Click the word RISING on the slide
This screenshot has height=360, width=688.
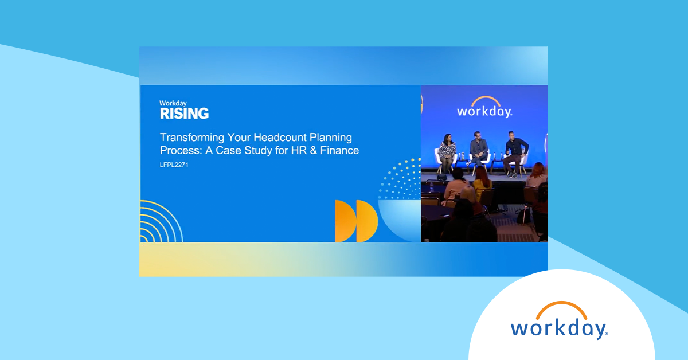pos(184,114)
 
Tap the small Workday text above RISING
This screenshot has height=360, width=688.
pos(174,103)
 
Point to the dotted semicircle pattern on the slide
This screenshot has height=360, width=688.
pos(401,178)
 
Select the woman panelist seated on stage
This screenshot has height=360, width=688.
pos(447,151)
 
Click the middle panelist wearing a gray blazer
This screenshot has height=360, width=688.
pos(478,149)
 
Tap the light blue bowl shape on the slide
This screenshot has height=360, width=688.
pos(400,218)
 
